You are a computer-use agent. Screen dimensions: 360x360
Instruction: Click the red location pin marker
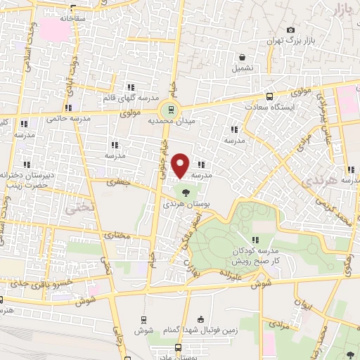click(x=181, y=165)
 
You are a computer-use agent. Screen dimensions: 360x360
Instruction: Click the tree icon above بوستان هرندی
click(x=186, y=192)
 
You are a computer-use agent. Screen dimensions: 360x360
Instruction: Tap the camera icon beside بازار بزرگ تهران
click(x=290, y=30)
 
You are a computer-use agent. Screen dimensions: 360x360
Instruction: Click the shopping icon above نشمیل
click(x=242, y=58)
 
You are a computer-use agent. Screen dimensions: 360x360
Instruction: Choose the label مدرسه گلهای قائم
click(x=131, y=98)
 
